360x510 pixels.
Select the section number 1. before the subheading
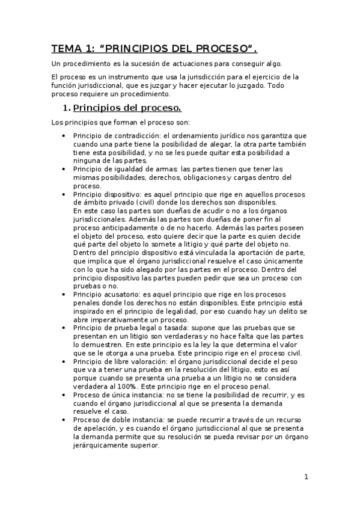pyautogui.click(x=67, y=108)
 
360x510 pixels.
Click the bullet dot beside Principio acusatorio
pyautogui.click(x=64, y=295)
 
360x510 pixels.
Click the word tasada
pyautogui.click(x=173, y=328)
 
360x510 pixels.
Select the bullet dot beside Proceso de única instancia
pyautogui.click(x=64, y=395)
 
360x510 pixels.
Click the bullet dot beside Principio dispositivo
pyautogui.click(x=64, y=194)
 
